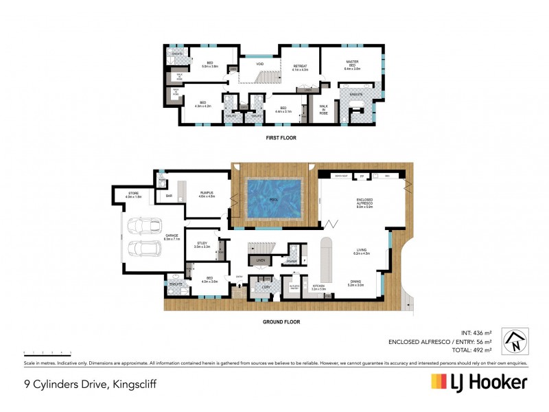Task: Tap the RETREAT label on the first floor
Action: (x=299, y=67)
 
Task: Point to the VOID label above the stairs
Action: (x=260, y=65)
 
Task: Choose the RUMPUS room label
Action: (x=207, y=194)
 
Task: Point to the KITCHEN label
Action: (x=320, y=289)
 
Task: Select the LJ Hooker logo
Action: (x=478, y=382)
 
